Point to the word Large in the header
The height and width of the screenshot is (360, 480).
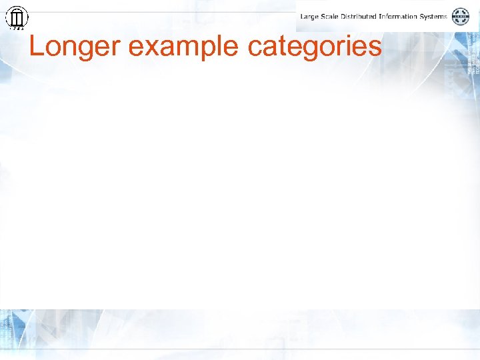tap(309, 16)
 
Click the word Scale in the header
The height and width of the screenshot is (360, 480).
tap(331, 16)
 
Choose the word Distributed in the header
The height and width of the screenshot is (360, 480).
tap(363, 16)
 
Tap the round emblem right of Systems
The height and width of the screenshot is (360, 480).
tap(461, 17)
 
